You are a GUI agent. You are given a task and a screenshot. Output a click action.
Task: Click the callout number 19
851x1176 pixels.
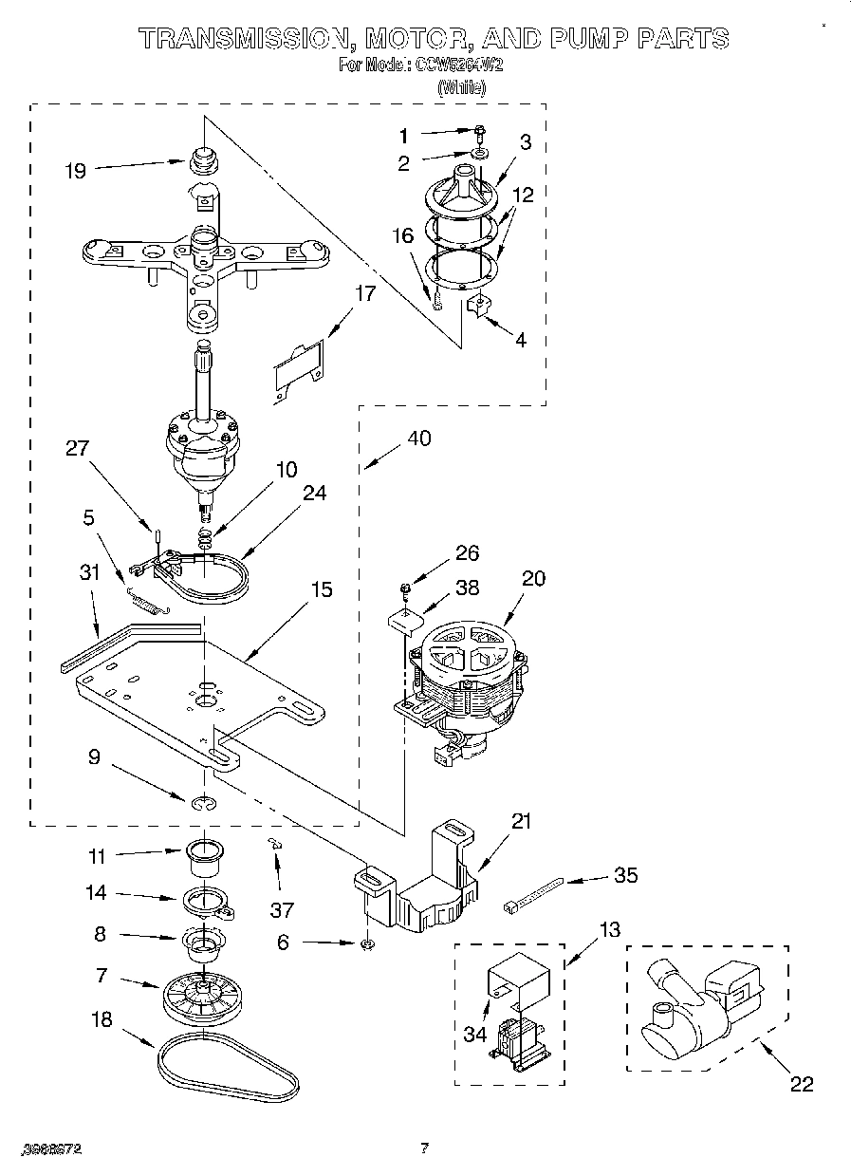pos(75,171)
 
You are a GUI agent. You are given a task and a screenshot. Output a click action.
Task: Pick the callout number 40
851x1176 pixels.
pos(418,439)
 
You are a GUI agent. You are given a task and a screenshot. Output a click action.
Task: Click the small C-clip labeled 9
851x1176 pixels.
pos(200,805)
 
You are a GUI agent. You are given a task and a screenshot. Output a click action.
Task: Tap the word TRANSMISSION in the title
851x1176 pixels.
pos(243,39)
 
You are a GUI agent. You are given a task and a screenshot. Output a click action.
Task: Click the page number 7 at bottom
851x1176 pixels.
pos(425,1148)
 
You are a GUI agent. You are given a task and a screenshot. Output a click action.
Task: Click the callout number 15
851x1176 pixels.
pos(322,589)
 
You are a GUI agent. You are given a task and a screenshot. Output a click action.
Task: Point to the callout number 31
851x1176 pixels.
pos(89,572)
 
